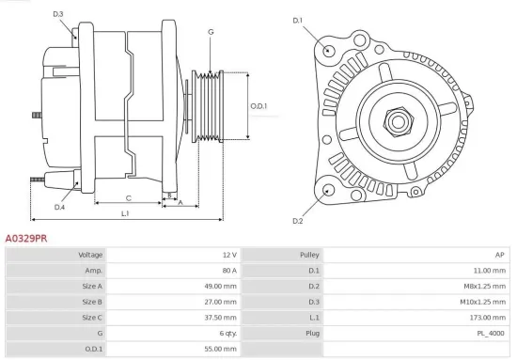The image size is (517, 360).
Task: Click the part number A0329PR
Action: (x=27, y=239)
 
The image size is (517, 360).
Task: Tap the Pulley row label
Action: (x=309, y=255)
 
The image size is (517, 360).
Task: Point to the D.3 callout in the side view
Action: (x=58, y=14)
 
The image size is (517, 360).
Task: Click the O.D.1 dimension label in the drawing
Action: (x=259, y=106)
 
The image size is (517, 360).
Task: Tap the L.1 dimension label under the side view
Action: (x=126, y=214)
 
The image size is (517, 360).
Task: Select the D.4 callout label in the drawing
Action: (x=59, y=207)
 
